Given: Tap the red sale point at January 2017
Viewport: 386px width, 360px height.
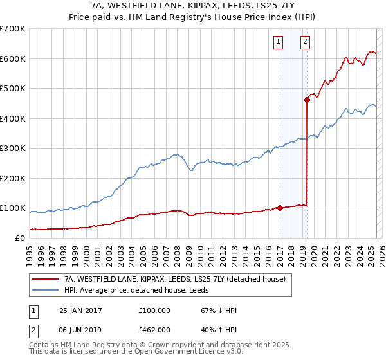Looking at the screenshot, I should click(280, 208).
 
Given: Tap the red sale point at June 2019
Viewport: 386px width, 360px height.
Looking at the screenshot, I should click(307, 100).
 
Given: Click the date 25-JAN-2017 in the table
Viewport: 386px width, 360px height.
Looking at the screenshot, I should click(80, 310).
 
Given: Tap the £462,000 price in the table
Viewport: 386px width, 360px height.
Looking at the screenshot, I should click(154, 330).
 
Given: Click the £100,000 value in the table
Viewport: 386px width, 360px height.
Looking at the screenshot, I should click(154, 310).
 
